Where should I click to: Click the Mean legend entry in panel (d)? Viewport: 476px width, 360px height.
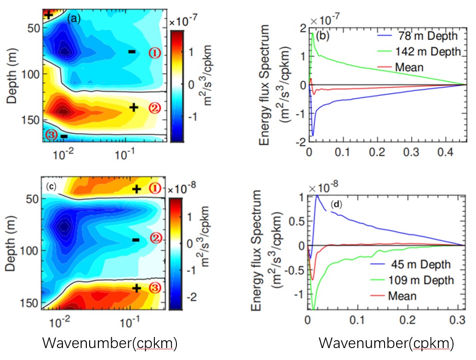coord(402,295)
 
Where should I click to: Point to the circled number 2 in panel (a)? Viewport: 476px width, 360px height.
coord(154,108)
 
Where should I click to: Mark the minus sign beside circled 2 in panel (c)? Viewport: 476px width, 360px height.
coord(135,239)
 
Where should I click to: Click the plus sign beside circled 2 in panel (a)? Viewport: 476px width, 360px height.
coord(133,107)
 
